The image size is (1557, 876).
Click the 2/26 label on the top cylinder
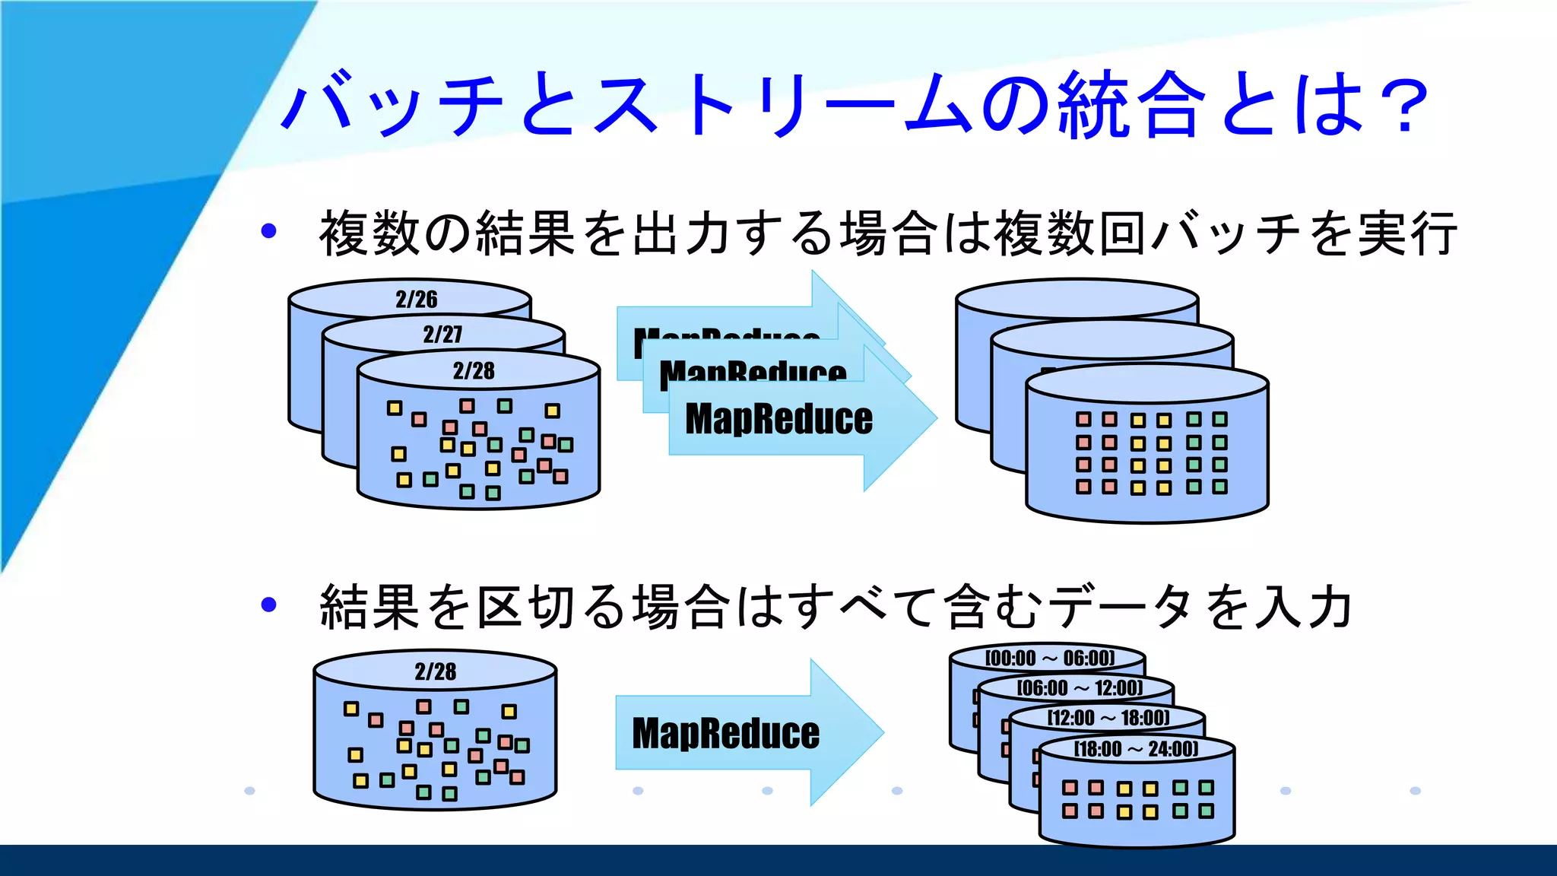(417, 299)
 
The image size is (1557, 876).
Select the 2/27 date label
(442, 334)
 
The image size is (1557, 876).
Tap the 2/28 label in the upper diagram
(474, 370)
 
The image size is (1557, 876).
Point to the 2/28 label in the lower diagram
(436, 671)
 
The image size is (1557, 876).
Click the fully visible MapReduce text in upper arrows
(778, 419)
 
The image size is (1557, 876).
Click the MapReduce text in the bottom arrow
(726, 734)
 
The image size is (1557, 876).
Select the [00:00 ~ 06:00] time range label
(1050, 658)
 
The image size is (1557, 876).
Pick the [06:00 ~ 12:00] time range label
(1080, 688)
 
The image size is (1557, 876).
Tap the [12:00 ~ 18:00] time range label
(1108, 718)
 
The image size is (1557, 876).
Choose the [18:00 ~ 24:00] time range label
(1136, 749)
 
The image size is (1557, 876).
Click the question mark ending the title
(1403, 106)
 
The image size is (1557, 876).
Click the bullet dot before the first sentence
(268, 231)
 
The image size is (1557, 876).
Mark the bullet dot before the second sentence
(268, 605)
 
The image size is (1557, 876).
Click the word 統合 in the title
(1133, 105)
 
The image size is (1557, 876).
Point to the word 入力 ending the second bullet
(1305, 607)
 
